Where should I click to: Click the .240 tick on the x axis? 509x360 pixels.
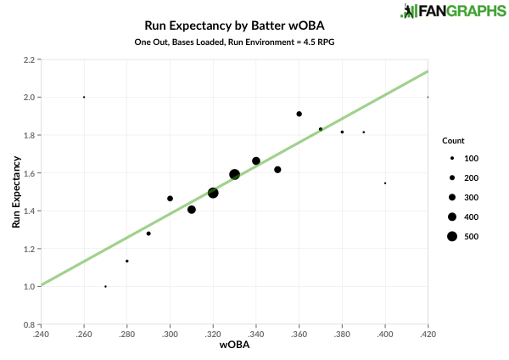tap(41, 334)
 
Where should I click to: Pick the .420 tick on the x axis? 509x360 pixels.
tap(428, 334)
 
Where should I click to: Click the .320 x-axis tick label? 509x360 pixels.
tap(213, 334)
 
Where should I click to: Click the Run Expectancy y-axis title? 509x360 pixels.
tap(15, 192)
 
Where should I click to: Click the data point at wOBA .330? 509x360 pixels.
tap(235, 174)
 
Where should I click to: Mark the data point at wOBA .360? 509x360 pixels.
tap(299, 114)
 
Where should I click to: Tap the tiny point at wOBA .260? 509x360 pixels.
tap(84, 97)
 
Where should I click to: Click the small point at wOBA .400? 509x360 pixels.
tap(385, 183)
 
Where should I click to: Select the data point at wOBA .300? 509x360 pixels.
tap(170, 199)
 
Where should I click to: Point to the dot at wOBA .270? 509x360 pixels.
tap(105, 286)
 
